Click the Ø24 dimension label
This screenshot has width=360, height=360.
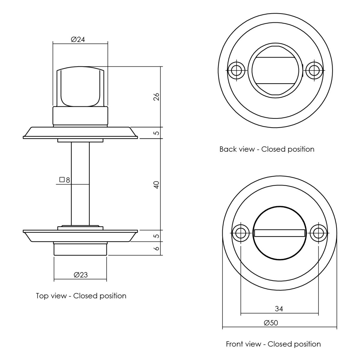pyautogui.click(x=78, y=39)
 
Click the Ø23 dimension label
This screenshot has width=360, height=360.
pyautogui.click(x=80, y=275)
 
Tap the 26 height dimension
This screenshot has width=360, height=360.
pyautogui.click(x=156, y=97)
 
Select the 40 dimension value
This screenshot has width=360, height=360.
pyautogui.click(x=156, y=185)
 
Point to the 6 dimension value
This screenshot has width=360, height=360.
pyautogui.click(x=157, y=248)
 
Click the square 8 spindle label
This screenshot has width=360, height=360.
pyautogui.click(x=64, y=180)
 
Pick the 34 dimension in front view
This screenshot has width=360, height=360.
pyautogui.click(x=279, y=309)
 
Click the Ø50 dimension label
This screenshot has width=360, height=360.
pyautogui.click(x=271, y=322)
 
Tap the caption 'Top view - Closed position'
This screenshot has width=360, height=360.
pyautogui.click(x=81, y=296)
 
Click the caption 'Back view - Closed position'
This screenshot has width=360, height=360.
pyautogui.click(x=267, y=149)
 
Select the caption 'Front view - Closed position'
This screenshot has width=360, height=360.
pyautogui.click(x=273, y=344)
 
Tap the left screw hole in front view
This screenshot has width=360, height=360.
pyautogui.click(x=241, y=233)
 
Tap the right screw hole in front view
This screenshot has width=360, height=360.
pyautogui.click(x=318, y=233)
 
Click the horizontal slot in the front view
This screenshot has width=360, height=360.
pyautogui.click(x=280, y=233)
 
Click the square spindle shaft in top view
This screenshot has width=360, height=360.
pyautogui.click(x=80, y=184)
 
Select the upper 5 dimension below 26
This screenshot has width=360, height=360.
pyautogui.click(x=157, y=133)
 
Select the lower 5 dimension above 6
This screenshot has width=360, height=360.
pyautogui.click(x=157, y=236)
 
